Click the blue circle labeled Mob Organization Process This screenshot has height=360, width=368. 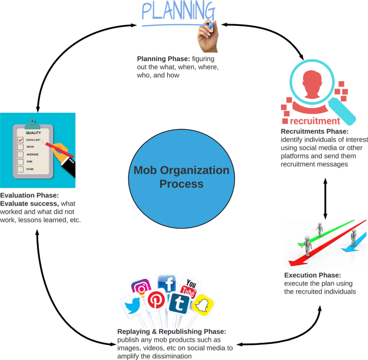tap(181, 177)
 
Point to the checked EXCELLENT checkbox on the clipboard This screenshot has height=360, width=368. tap(20, 140)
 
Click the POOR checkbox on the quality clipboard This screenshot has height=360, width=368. tap(20, 170)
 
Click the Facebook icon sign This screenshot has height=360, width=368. tap(167, 285)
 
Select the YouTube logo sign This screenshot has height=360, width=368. tap(189, 288)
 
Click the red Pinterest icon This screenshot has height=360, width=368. tap(156, 300)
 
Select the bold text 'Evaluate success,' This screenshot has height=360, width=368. tap(29, 204)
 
